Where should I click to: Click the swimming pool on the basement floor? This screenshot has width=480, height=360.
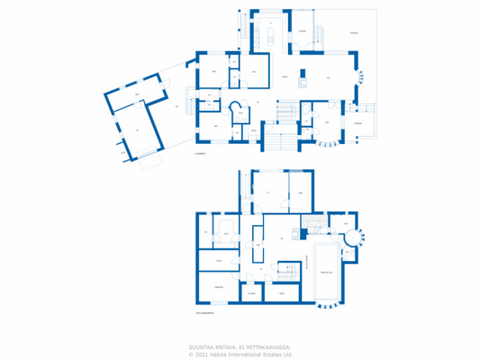[x=327, y=271]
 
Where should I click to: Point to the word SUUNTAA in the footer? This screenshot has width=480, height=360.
[x=201, y=345]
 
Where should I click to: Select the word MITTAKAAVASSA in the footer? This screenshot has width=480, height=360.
[x=270, y=345]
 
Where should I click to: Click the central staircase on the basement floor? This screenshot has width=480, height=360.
[x=288, y=271]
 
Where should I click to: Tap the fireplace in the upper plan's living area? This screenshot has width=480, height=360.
[x=303, y=83]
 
